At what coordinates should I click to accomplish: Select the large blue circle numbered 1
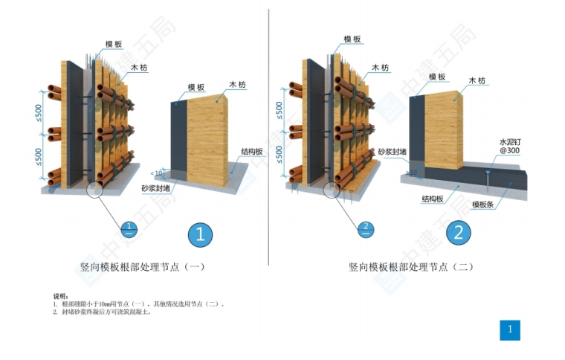[x=200, y=235]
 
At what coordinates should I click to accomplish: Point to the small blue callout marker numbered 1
[x=129, y=227]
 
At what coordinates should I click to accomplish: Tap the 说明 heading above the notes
[x=60, y=296]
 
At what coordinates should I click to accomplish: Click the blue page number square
[x=509, y=329]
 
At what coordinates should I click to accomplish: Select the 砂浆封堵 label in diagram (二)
[x=392, y=152]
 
